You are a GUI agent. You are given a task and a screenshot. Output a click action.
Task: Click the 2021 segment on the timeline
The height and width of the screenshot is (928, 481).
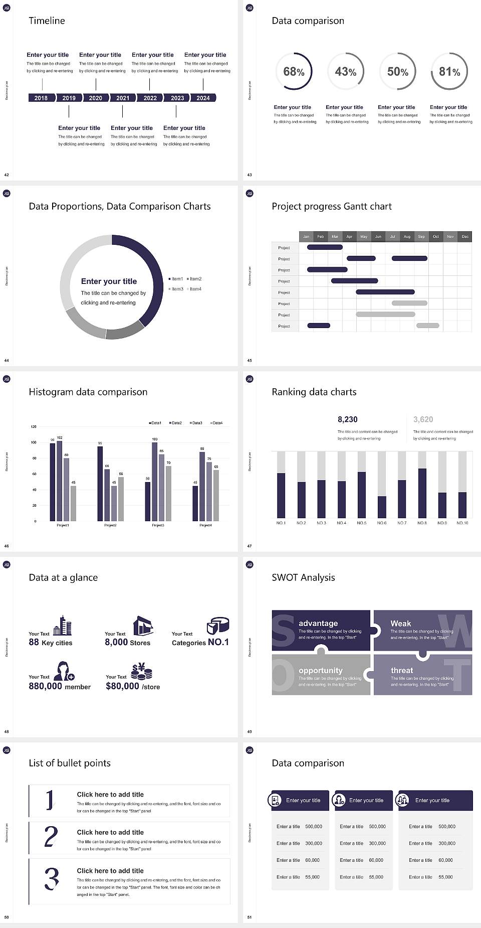(123, 98)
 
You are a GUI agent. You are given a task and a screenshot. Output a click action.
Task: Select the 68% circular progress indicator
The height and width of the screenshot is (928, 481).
(294, 71)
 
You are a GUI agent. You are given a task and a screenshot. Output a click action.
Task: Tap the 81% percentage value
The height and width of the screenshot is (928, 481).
(449, 72)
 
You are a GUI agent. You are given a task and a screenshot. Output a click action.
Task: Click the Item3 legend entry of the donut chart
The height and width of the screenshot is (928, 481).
(176, 289)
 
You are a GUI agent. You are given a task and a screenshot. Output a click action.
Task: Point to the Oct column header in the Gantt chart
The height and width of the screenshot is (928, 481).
(436, 236)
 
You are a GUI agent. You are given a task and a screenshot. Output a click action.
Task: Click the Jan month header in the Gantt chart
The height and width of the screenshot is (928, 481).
(306, 236)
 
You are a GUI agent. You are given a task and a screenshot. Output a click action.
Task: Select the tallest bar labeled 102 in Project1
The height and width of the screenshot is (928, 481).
(60, 479)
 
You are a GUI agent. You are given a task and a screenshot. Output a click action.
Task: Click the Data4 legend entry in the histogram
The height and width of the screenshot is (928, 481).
(216, 423)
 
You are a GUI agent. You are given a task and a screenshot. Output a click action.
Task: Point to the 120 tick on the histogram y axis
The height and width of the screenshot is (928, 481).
(34, 427)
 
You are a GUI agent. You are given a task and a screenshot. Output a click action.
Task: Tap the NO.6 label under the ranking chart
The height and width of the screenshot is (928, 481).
(382, 523)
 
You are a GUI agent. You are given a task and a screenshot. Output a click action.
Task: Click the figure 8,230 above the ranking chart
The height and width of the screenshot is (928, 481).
(348, 419)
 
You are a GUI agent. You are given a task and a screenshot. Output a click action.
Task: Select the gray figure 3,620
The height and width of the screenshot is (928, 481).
(423, 419)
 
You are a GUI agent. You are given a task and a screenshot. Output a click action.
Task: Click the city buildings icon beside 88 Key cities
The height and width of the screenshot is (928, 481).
(62, 626)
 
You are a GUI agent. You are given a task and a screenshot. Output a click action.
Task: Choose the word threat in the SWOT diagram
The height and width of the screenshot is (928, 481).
(402, 670)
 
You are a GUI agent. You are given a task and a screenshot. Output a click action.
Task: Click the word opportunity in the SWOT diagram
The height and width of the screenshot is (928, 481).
(321, 670)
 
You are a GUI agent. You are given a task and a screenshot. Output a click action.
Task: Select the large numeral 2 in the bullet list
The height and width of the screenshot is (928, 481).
(51, 837)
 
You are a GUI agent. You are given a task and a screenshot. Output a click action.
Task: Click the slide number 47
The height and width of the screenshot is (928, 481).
(250, 546)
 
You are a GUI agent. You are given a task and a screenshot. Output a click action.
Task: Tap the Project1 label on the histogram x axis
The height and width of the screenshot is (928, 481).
(63, 525)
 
